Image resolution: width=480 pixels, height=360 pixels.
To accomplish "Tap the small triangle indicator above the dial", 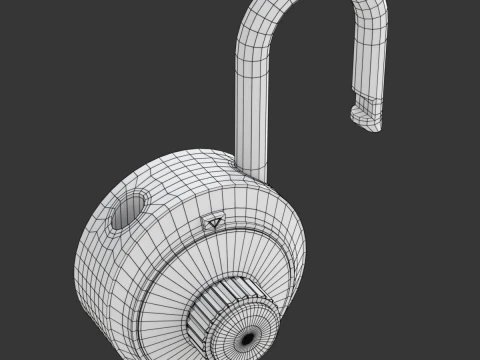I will (x=213, y=223).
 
